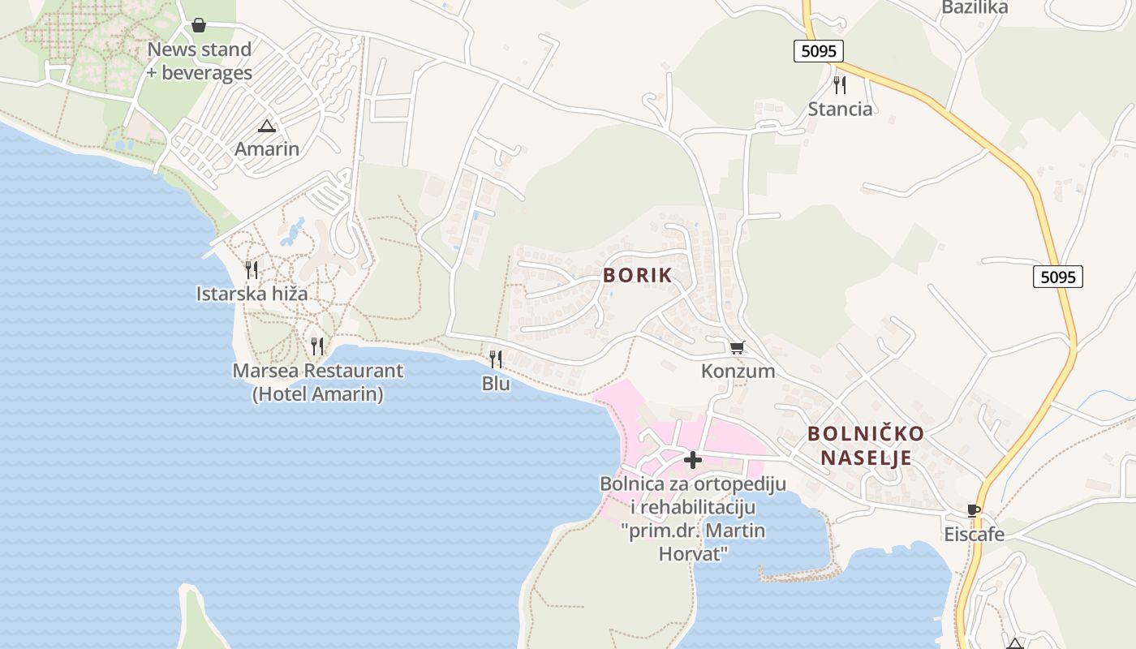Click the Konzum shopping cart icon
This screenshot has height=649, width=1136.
(737, 348)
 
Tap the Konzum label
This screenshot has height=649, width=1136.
(738, 372)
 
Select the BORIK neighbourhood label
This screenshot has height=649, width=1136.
(638, 275)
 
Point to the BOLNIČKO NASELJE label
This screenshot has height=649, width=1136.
(866, 445)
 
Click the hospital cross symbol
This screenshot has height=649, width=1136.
(692, 461)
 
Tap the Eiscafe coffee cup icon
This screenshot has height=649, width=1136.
(974, 511)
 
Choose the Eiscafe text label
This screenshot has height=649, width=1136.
(974, 535)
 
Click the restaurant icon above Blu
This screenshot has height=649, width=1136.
(496, 359)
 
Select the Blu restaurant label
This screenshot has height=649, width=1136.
(496, 384)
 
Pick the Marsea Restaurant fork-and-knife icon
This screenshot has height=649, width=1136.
(317, 346)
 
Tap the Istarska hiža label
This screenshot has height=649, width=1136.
(252, 294)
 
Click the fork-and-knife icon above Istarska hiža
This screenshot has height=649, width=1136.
(252, 270)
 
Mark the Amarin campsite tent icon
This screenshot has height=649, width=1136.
(267, 127)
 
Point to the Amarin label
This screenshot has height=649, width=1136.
(267, 149)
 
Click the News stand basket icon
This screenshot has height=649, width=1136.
(199, 26)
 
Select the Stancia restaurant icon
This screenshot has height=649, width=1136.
(840, 85)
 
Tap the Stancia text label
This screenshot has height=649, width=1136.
(841, 110)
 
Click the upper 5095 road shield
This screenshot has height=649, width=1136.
(819, 51)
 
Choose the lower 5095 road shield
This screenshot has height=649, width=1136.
(1058, 277)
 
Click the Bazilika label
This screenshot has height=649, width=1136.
(975, 8)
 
